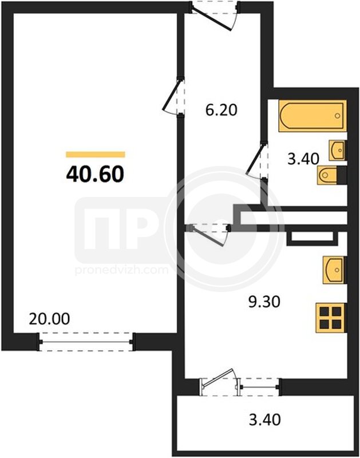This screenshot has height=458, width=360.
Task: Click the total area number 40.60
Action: pyautogui.click(x=95, y=174)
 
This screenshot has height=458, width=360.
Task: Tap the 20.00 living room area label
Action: pyautogui.click(x=49, y=319)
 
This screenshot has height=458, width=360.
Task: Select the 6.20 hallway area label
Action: pyautogui.click(x=221, y=110)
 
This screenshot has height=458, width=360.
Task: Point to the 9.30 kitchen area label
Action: pyautogui.click(x=264, y=302)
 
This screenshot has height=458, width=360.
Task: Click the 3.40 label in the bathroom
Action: pyautogui.click(x=303, y=159)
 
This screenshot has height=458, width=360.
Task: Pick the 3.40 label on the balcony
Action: pyautogui.click(x=265, y=420)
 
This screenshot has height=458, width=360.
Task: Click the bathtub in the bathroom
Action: pyautogui.click(x=312, y=116)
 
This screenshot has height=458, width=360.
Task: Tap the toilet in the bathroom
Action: pyautogui.click(x=332, y=175)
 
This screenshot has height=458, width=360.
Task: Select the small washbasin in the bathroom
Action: pyautogui.click(x=338, y=151)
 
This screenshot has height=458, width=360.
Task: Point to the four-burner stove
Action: pyautogui.click(x=331, y=318)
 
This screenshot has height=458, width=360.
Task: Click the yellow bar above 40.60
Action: pyautogui.click(x=96, y=155)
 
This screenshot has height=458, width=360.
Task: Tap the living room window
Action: pyautogui.click(x=86, y=342)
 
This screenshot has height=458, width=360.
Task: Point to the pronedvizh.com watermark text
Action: pyautogui.click(x=121, y=270)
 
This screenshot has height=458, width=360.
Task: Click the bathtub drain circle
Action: pyautogui.click(x=338, y=116)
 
